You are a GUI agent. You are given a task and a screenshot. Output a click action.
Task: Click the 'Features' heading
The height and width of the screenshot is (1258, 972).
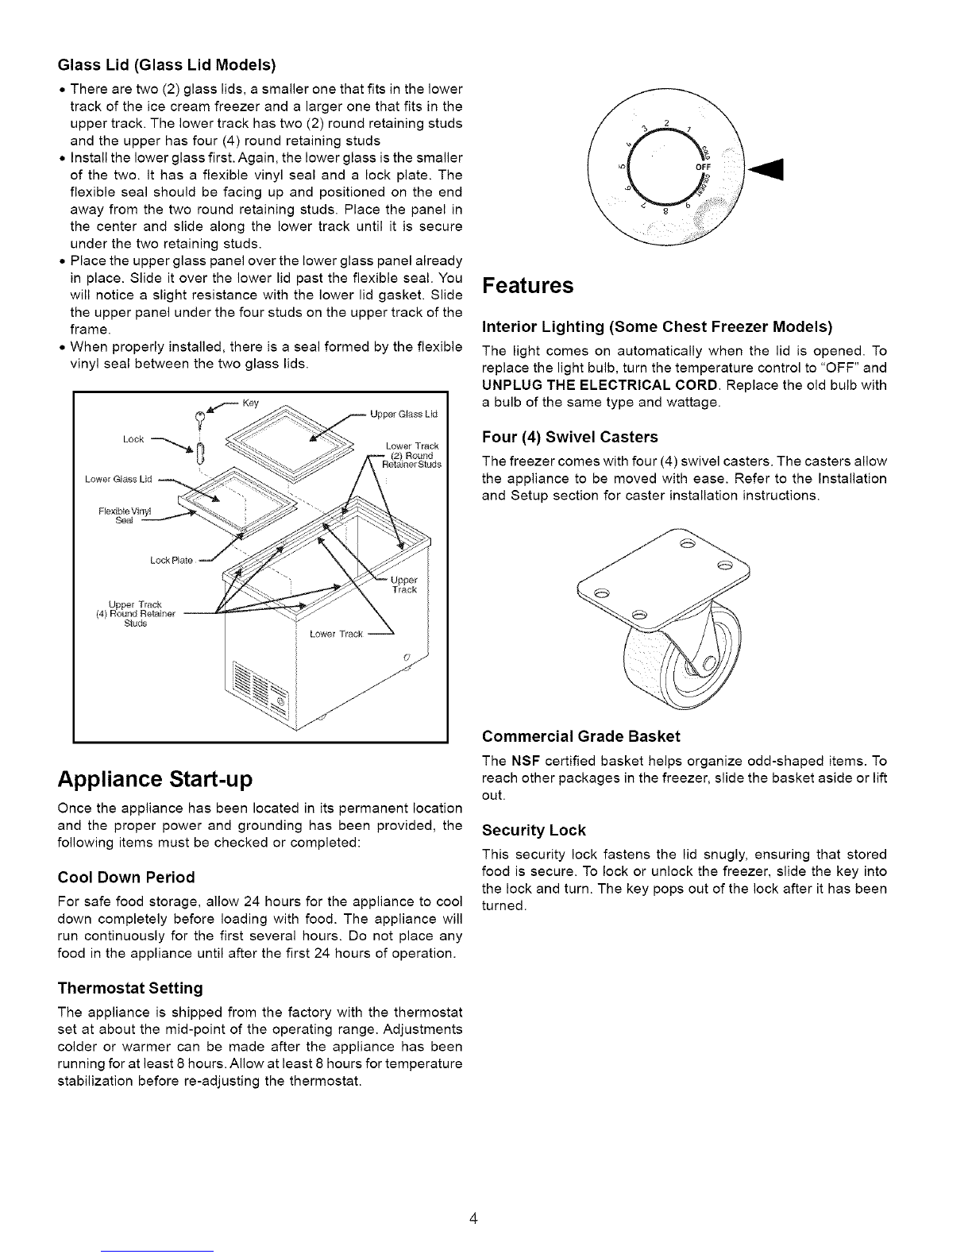point(527,286)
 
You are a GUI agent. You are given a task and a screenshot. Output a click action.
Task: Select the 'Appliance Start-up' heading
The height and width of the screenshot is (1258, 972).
point(156,778)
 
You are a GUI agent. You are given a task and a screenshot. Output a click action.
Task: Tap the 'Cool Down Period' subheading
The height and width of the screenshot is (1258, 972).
point(126,877)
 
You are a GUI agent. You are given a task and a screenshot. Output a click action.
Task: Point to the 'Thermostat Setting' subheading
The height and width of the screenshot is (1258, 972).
point(130,988)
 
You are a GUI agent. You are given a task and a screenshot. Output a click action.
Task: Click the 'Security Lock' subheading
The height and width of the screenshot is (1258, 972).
point(534,830)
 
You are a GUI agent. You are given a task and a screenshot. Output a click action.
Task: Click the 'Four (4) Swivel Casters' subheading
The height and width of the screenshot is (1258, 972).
point(570,437)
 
